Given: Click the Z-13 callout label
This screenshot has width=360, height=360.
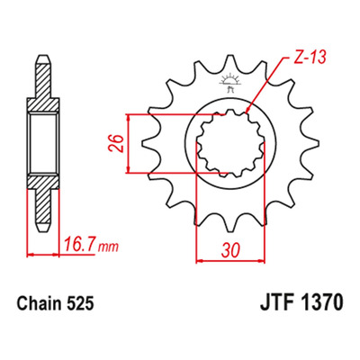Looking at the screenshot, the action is tap(309, 58).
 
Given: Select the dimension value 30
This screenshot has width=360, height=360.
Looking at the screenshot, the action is tap(231, 250).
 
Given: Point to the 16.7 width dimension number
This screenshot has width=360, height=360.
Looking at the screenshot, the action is tap(80, 246).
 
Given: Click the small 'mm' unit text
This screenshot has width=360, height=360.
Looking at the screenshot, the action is tap(109, 247).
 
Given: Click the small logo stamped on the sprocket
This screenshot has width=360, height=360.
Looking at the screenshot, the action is tap(229, 82).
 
